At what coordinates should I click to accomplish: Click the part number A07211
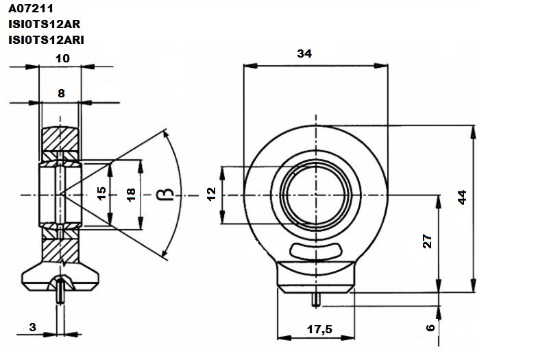tap(31, 8)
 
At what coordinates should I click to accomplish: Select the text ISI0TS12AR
tap(45, 24)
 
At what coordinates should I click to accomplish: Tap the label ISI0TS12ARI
tap(46, 40)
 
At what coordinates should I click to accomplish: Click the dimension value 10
tap(62, 58)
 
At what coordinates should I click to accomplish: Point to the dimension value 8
tap(61, 93)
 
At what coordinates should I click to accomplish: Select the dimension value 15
tap(101, 193)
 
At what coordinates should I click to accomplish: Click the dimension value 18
tap(131, 195)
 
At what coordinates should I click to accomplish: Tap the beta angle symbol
tap(165, 195)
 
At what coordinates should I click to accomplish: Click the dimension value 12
tap(212, 194)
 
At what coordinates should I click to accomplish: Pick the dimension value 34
tap(304, 53)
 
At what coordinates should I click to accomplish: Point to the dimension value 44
tap(462, 197)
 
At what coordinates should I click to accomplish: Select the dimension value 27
tap(428, 241)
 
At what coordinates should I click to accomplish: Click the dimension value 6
tap(430, 328)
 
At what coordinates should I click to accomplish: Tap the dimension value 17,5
tap(319, 329)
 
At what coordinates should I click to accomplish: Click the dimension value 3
tap(32, 327)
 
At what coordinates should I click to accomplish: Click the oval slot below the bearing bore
tap(316, 251)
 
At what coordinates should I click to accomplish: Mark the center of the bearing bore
tap(316, 195)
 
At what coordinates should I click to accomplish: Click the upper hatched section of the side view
tap(60, 139)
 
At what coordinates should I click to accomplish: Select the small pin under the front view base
tap(316, 300)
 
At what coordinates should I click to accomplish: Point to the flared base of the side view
tap(60, 276)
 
